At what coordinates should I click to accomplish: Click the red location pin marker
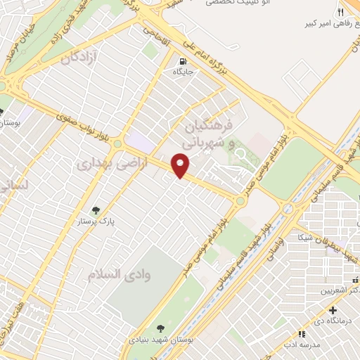181,167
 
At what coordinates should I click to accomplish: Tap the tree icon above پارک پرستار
96,210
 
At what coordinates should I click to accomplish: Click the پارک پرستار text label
96,221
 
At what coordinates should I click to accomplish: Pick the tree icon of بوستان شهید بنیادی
161,328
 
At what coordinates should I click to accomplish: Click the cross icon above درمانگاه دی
333,310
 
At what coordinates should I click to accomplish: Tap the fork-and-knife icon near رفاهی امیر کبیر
340,12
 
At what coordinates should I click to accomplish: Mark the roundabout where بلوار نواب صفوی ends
241,201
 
